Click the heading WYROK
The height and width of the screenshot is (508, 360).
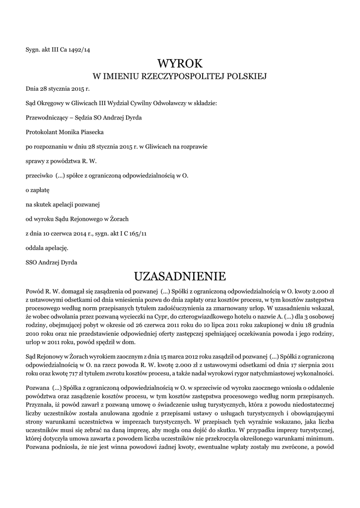click(x=180, y=63)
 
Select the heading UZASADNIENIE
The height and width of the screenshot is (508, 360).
click(x=180, y=276)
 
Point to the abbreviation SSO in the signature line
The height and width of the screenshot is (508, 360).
click(x=32, y=261)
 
